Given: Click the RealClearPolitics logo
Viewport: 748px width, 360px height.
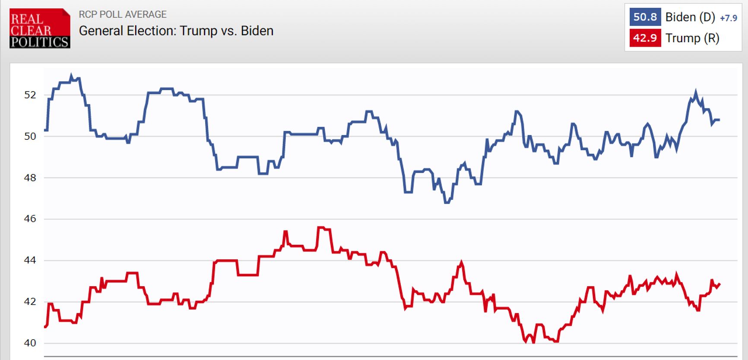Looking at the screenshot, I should coord(40,28).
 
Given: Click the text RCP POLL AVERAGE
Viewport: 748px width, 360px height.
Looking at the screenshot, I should coord(123,15).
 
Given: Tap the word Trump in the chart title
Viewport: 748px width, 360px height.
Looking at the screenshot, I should coord(198,31).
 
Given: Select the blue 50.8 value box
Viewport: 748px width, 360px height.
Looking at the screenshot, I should coord(645,17).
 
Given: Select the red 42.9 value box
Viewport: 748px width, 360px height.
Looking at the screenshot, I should coord(645,38).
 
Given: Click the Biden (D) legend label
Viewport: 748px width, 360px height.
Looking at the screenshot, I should coord(690,17).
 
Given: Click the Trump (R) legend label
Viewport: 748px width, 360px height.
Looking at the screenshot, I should coord(692,38).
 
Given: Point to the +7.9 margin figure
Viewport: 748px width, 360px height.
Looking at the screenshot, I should coord(729,18).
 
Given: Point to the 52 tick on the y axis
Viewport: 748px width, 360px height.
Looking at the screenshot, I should coord(30,95).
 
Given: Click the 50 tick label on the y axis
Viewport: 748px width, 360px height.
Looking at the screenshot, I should coord(30,136).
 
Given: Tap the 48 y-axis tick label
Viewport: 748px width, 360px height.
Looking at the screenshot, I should coord(30,178).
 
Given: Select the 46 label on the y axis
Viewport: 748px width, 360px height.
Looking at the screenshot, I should coord(30,219).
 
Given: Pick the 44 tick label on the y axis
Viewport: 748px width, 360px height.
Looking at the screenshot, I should coord(30,260).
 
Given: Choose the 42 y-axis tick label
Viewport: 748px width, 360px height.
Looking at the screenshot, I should coord(30,302).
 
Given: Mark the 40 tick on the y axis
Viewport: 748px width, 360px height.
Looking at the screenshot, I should coord(30,343).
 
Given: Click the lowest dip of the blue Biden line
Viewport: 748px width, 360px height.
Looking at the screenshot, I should coord(447,202).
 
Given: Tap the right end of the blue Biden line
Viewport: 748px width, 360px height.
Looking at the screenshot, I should coord(719,120).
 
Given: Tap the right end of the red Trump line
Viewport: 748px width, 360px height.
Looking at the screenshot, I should coord(719,284).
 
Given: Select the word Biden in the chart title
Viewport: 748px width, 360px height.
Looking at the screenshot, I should coord(257,31).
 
